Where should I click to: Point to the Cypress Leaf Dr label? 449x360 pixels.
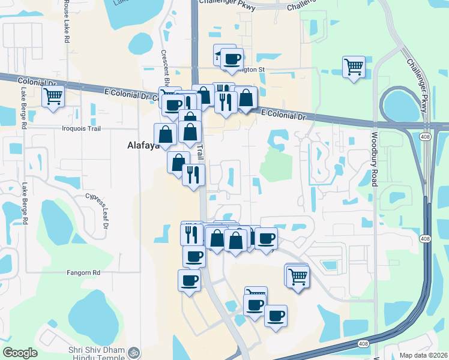coord(104,211)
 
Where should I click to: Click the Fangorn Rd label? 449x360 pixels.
coord(83,272)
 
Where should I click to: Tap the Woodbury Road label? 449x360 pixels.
coord(373,159)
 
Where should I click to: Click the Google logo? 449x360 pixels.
coord(20,352)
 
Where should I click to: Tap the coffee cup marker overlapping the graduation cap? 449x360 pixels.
coord(232,59)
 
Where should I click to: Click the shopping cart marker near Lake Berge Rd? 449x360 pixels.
coord(53,95)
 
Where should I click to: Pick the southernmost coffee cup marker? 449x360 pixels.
coord(276,316)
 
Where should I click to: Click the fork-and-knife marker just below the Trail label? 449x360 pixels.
coord(193,175)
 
